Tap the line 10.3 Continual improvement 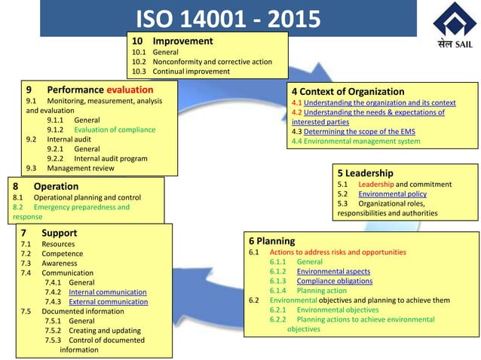tap(181, 71)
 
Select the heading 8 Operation tap(46, 186)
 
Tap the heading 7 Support tap(50, 233)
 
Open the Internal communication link tap(107, 291)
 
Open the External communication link tap(108, 301)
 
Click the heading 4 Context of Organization tap(348, 91)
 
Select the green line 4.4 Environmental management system tap(356, 141)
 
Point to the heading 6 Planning tap(272, 241)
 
